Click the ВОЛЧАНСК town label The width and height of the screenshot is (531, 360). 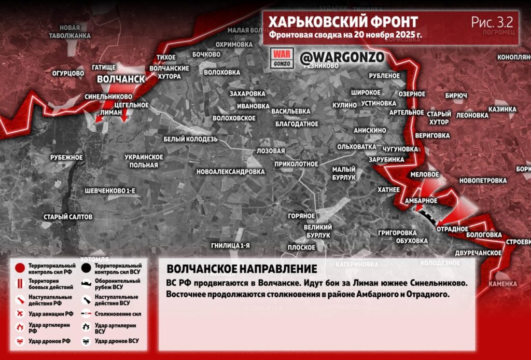coord(121,79)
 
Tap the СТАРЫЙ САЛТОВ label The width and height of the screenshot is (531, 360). coord(68,217)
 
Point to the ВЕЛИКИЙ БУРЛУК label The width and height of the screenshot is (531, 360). coord(317,231)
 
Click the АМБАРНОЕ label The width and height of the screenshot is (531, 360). coord(421,201)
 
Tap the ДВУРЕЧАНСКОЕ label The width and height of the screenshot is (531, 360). coord(478,253)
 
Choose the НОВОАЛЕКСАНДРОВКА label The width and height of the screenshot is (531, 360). coord(231,172)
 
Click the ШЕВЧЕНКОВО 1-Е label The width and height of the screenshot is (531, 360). coord(109,191)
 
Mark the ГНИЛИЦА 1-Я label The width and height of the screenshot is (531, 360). coord(231,245)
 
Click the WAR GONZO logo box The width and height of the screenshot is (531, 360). coord(283,58)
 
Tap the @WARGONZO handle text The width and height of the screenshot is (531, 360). coord(342,57)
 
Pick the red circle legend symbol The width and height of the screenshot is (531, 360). coord(20,268)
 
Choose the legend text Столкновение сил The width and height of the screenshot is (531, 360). coord(118,314)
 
